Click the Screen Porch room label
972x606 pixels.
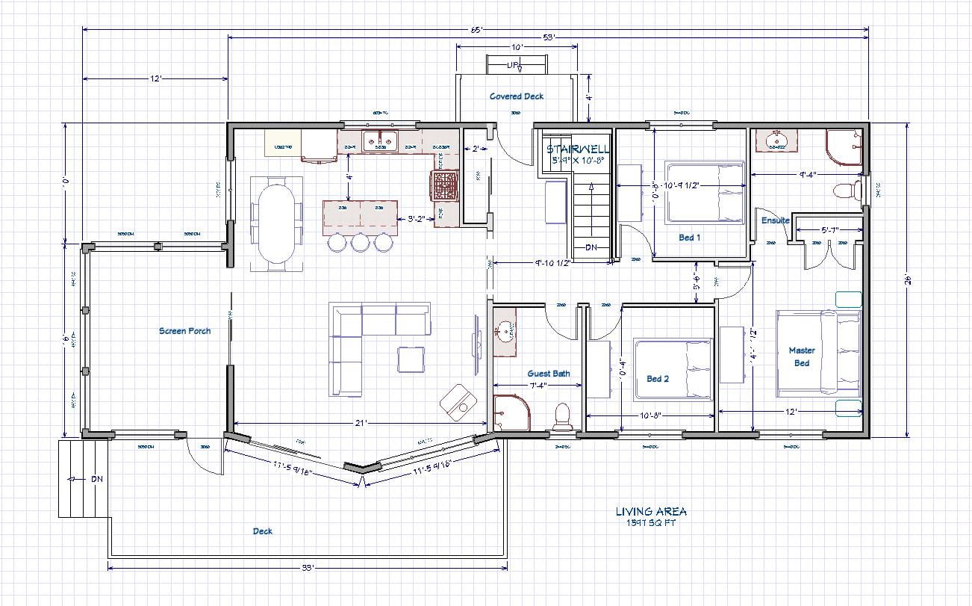184,330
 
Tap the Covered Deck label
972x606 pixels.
517,96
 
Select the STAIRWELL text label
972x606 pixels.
578,149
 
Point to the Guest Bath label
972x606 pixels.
549,374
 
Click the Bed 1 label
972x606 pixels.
689,238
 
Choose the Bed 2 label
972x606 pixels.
657,379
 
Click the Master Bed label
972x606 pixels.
802,356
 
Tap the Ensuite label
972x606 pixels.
775,220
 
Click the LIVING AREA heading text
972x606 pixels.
651,512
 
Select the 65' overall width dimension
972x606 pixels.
476,29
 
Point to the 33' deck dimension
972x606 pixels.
307,568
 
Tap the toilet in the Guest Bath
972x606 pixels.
561,417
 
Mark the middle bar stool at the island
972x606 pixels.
361,241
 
